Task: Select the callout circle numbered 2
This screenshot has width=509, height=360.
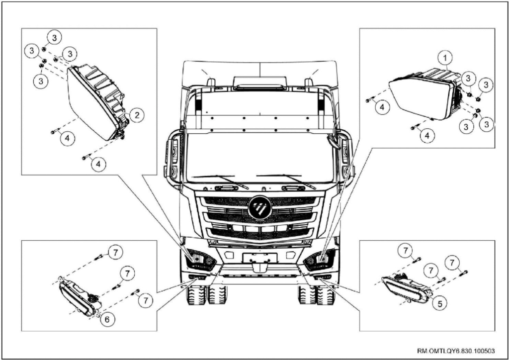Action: click(x=137, y=115)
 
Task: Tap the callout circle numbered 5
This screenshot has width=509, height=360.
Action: click(x=440, y=303)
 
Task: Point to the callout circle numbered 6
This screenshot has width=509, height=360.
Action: click(x=107, y=320)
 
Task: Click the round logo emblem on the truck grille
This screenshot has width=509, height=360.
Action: click(x=259, y=207)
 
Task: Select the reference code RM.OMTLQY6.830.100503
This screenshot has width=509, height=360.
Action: click(x=456, y=351)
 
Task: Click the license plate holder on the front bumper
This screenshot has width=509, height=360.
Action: click(x=260, y=258)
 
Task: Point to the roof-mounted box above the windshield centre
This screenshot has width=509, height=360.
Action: click(x=260, y=83)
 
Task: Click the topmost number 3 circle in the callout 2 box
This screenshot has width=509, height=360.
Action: click(x=55, y=38)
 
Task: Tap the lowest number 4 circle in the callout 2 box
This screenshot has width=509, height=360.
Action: click(x=99, y=165)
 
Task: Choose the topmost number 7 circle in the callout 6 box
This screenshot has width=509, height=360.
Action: click(x=115, y=252)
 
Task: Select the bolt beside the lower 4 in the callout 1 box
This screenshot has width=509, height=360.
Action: click(x=415, y=127)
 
